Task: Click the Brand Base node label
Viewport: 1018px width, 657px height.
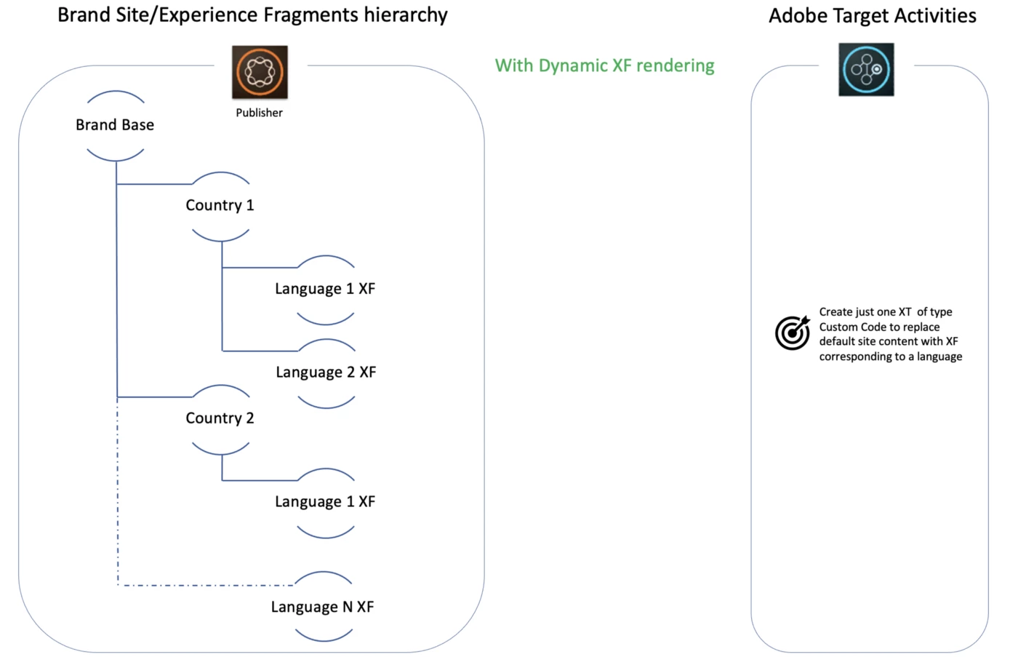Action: tap(115, 125)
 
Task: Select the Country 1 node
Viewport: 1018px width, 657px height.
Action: tap(220, 205)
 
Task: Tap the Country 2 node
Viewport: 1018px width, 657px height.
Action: tap(220, 418)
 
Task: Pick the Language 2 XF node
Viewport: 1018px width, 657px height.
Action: tap(326, 373)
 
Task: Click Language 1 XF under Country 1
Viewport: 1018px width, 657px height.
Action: tap(325, 289)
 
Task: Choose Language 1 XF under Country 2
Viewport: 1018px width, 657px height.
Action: tap(325, 502)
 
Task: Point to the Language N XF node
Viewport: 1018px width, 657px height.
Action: tap(322, 608)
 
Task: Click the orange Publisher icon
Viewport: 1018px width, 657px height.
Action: tap(260, 72)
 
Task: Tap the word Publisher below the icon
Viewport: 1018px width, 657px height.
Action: tap(259, 113)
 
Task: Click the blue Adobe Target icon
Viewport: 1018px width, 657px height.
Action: tap(866, 70)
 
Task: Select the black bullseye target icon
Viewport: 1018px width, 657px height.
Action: tap(792, 333)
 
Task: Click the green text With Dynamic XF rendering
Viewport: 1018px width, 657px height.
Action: tap(604, 65)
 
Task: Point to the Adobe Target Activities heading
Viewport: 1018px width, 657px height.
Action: tap(872, 15)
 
